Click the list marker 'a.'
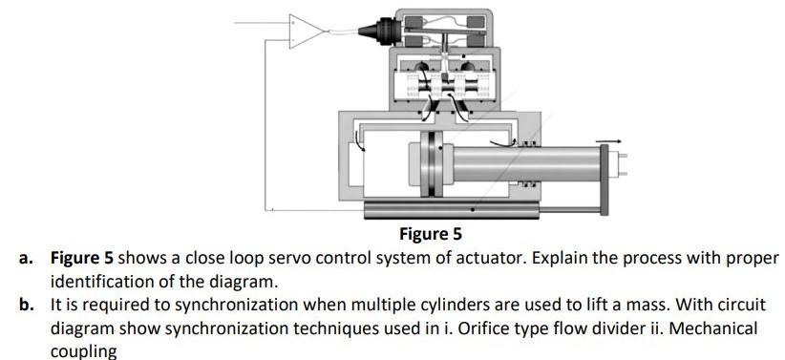[x=32, y=259]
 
